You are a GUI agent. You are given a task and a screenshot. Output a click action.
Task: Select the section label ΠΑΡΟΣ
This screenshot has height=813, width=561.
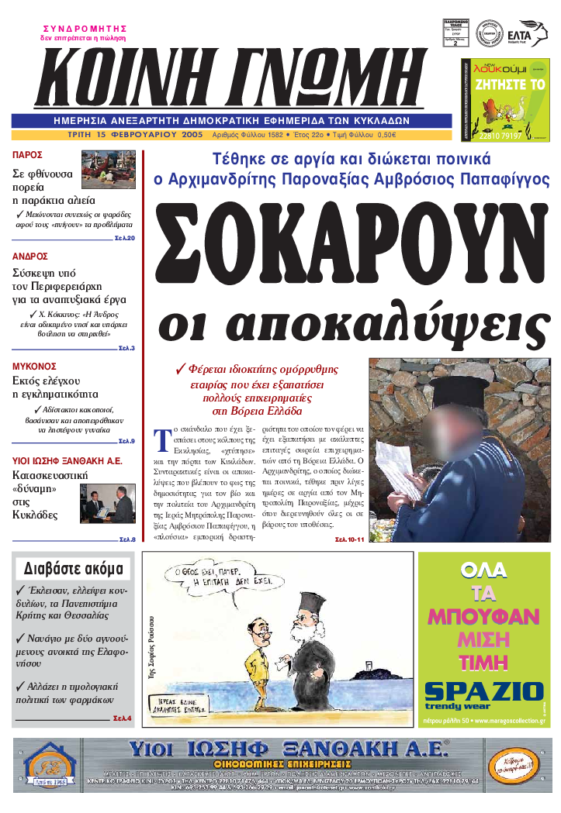pyautogui.click(x=27, y=155)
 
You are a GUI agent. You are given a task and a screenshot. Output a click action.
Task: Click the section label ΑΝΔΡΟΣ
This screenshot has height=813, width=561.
pyautogui.click(x=30, y=256)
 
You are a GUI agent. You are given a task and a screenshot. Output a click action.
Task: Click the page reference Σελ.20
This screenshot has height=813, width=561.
pyautogui.click(x=125, y=238)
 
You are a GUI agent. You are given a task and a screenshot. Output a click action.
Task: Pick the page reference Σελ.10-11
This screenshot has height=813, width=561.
pyautogui.click(x=349, y=539)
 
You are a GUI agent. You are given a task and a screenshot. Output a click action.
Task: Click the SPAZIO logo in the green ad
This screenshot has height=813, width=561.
pyautogui.click(x=484, y=691)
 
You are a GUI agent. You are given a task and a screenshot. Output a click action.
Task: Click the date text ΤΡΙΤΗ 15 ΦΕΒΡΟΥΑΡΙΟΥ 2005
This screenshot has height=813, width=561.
pyautogui.click(x=135, y=134)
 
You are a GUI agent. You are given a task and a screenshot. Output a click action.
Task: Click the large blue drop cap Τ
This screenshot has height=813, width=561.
pyautogui.click(x=163, y=439)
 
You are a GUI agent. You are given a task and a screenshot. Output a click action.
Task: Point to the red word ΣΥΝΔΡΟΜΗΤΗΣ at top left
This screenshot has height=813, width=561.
pyautogui.click(x=85, y=28)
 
